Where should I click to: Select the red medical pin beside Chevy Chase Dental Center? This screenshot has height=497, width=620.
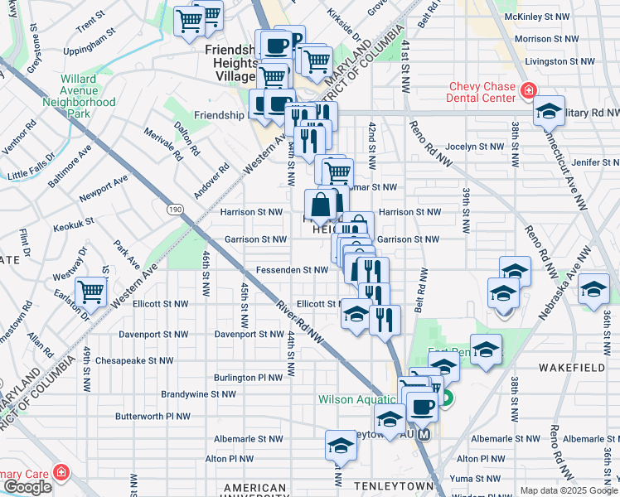(528, 89)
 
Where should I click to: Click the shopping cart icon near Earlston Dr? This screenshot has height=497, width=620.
(90, 291)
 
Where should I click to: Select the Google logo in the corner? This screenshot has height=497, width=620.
(27, 487)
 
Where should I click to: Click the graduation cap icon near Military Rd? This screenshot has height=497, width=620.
(548, 111)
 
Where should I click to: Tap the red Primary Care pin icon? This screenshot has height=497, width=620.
(61, 472)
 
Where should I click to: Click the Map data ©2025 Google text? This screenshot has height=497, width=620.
(569, 490)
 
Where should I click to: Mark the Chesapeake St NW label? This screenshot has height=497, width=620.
(134, 360)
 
